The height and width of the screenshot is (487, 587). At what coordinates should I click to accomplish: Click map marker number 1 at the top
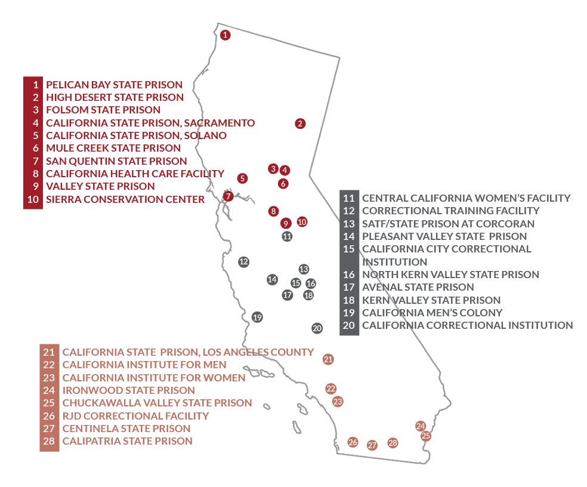point(225,35)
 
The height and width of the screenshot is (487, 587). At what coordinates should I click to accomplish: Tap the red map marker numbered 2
point(300,124)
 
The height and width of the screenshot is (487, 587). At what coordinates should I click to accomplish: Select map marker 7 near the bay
point(228,196)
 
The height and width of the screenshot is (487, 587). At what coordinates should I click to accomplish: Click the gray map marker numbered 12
point(243,261)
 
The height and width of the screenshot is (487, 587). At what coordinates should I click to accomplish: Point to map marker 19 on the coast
point(257,317)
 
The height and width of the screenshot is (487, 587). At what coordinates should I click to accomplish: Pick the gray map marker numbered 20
point(317,328)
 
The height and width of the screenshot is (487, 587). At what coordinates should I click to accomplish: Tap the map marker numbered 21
point(328,359)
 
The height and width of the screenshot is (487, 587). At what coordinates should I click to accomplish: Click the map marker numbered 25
point(426,436)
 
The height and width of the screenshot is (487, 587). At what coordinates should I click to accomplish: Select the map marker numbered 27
point(372,445)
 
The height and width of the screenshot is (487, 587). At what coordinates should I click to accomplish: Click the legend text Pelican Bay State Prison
point(114,85)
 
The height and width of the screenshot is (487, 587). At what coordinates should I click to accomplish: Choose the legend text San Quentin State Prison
point(116,161)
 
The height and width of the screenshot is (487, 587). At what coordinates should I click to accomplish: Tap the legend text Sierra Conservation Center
point(125,199)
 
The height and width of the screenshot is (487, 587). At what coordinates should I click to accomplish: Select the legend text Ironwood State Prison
point(128,390)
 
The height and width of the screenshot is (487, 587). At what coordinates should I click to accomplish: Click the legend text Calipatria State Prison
point(127,441)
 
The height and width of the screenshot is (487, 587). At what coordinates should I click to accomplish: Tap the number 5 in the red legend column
point(36,135)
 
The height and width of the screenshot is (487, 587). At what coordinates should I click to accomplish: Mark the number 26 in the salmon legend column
point(49,416)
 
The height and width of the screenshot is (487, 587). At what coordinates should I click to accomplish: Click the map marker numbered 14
point(272,279)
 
